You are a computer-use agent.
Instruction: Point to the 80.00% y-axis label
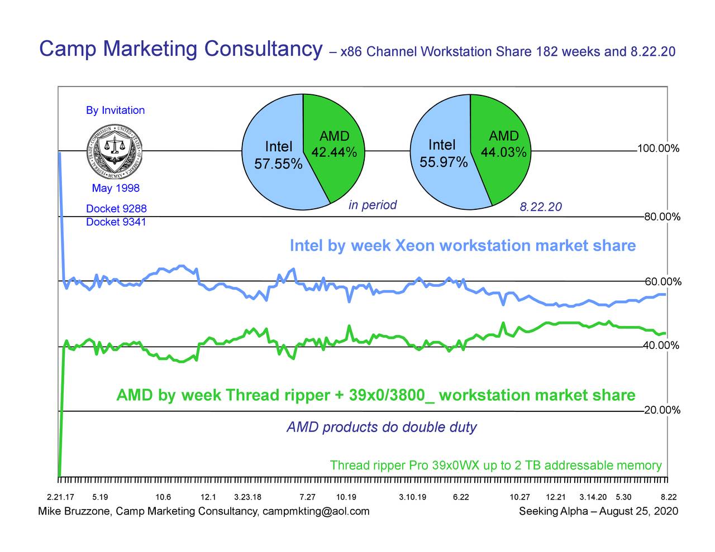pyautogui.click(x=662, y=217)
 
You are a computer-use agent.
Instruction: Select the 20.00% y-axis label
pyautogui.click(x=662, y=411)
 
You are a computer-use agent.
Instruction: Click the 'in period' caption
pyautogui.click(x=373, y=205)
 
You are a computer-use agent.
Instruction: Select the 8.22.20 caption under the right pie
pyautogui.click(x=540, y=208)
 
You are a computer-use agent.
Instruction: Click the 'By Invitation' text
pyautogui.click(x=115, y=111)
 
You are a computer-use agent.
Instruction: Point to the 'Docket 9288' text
pyautogui.click(x=116, y=209)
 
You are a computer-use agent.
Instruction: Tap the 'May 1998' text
pyautogui.click(x=116, y=188)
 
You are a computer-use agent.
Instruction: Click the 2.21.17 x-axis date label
pyautogui.click(x=60, y=497)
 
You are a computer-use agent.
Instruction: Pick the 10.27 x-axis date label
pyautogui.click(x=519, y=497)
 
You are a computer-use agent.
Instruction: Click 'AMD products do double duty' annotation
pyautogui.click(x=382, y=428)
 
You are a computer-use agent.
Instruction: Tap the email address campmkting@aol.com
pyautogui.click(x=316, y=511)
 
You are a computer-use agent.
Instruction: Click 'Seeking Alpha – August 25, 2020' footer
pyautogui.click(x=598, y=511)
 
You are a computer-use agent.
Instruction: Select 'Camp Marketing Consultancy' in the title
pyautogui.click(x=181, y=49)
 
